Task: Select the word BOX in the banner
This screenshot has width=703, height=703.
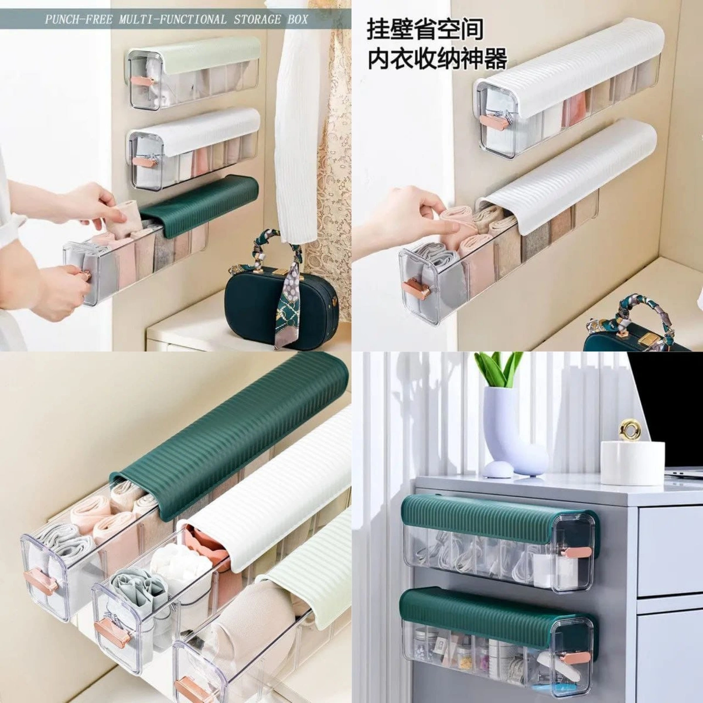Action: [298, 19]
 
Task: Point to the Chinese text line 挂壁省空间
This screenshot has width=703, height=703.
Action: [425, 29]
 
